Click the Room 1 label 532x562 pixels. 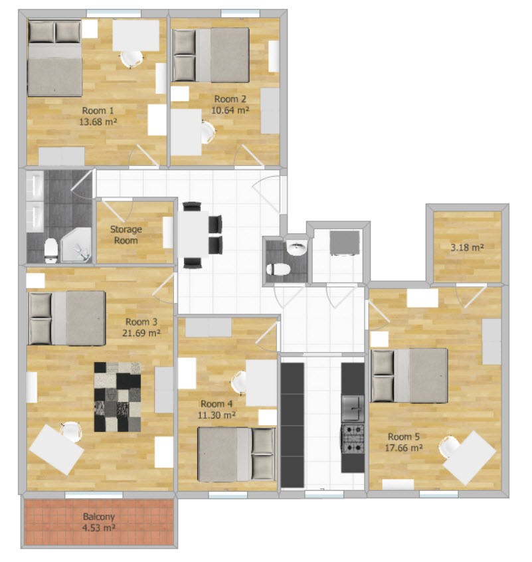coord(98,110)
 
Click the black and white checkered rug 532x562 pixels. coord(118,397)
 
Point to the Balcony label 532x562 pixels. coord(98,516)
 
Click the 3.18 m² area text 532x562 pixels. coord(467,248)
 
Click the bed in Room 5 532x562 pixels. coord(408,376)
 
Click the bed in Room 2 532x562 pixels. coord(211,55)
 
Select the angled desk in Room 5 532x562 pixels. coord(470,458)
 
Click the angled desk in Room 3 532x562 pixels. coord(55,449)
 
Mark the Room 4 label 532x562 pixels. coord(217,404)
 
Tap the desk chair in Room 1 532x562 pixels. coord(130,58)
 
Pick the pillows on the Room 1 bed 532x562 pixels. coord(54,31)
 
